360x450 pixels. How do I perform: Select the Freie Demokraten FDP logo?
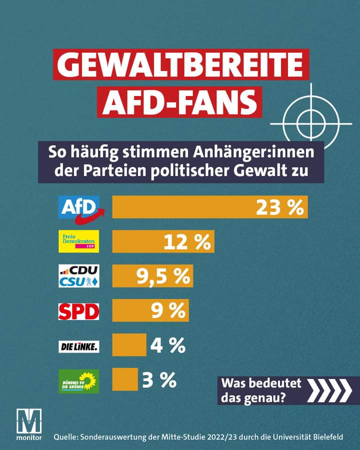point(79,241)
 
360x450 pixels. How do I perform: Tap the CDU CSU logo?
point(79,276)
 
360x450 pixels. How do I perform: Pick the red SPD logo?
point(79,310)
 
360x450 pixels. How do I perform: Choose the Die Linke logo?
point(79,346)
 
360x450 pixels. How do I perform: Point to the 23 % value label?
point(279,207)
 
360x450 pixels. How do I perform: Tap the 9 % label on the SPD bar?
point(168,310)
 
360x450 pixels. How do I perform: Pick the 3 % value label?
point(159,380)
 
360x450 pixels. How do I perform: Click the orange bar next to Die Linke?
point(129,345)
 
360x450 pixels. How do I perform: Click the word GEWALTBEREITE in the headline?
point(181,65)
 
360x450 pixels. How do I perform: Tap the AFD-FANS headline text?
point(182,102)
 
